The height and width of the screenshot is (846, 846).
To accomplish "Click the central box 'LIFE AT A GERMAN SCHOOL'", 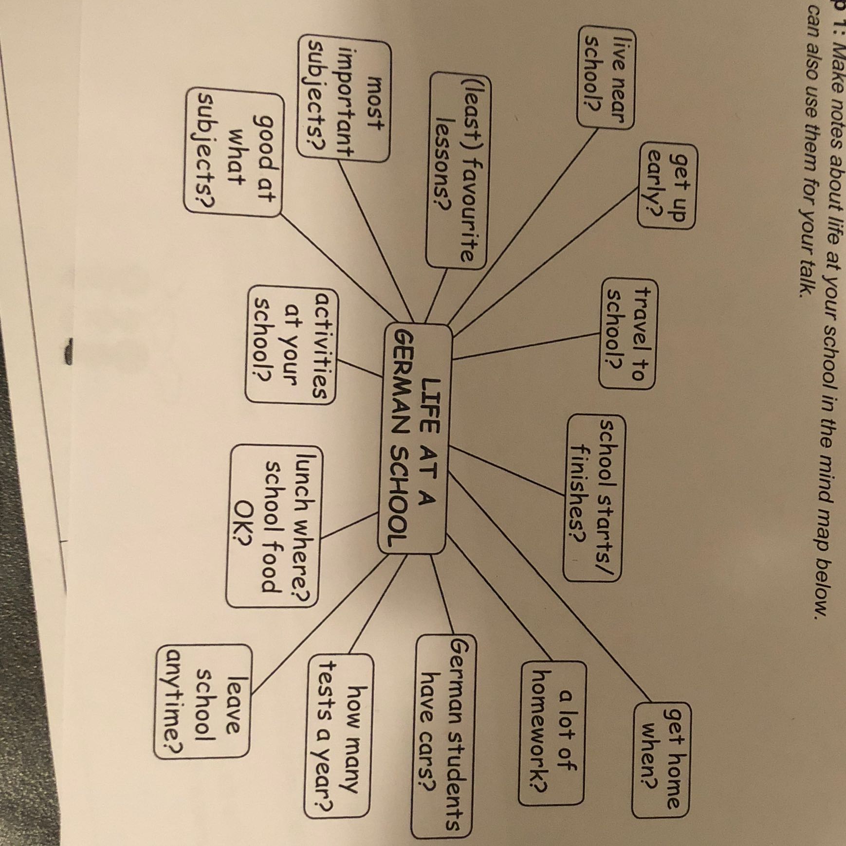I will tap(414, 438).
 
